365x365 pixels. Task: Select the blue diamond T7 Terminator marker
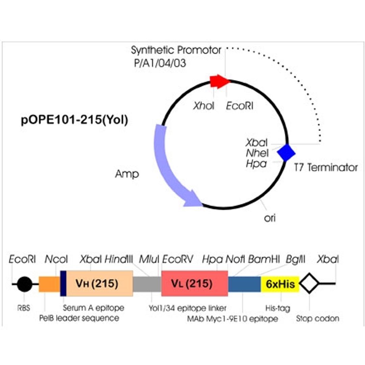(286, 153)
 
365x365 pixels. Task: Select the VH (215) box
(100, 284)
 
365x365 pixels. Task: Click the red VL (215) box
(194, 284)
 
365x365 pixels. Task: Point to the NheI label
(258, 153)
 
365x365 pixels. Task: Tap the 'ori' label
(270, 218)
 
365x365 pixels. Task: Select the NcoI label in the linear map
(56, 259)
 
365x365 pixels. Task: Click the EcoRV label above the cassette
(178, 259)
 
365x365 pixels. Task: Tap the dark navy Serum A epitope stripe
(63, 284)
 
